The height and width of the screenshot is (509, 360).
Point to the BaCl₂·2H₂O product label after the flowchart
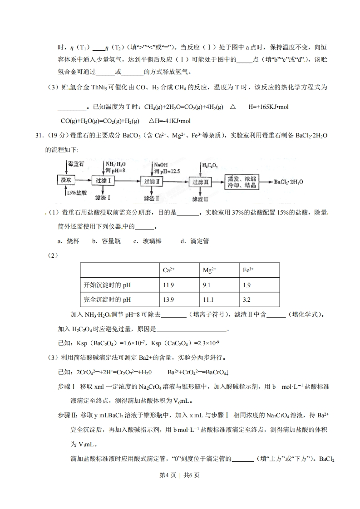click(291, 182)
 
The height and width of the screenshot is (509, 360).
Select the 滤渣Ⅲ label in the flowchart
click(200, 199)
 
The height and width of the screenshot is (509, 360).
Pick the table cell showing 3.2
click(247, 299)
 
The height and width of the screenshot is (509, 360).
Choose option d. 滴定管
click(194, 241)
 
